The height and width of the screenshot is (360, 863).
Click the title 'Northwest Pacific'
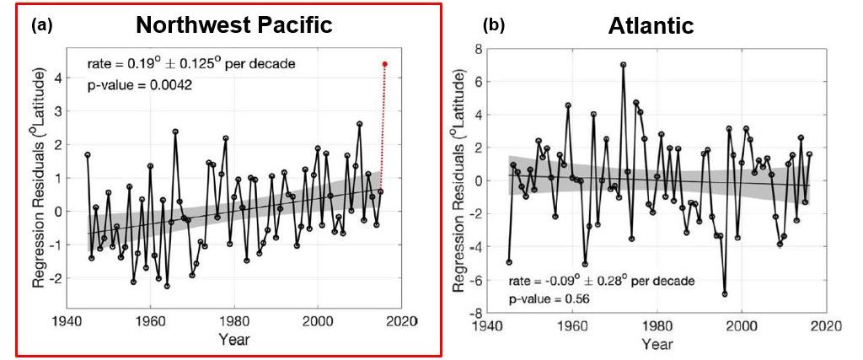(x=234, y=25)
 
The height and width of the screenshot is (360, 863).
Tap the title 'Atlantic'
(x=651, y=26)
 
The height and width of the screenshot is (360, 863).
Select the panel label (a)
(x=42, y=25)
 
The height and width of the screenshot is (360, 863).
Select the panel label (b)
(x=494, y=25)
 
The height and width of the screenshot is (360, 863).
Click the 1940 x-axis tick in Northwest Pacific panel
(x=66, y=321)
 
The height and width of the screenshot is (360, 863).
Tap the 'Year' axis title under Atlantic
(x=657, y=344)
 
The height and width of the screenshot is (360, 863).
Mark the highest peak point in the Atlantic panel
(x=623, y=65)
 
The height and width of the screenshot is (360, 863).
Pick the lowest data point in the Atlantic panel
(x=724, y=294)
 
